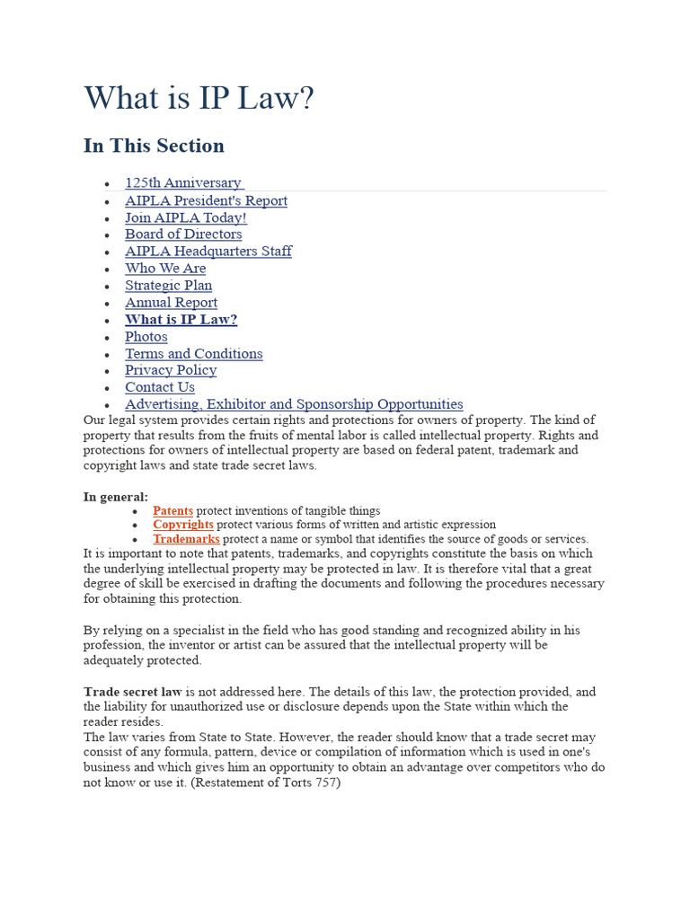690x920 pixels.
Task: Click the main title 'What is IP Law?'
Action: pos(199,98)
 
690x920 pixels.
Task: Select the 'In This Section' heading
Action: pos(154,146)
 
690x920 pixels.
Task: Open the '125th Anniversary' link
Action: pos(183,183)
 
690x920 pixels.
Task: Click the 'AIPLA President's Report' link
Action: pos(206,200)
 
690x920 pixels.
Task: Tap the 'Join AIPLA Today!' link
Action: pos(185,217)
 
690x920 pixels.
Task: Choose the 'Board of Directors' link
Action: pos(183,234)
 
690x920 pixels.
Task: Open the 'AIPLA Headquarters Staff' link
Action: pos(208,252)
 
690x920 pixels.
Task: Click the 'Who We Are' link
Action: pos(165,269)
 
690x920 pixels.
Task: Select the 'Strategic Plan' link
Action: pos(168,286)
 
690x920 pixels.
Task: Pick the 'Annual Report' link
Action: pos(171,303)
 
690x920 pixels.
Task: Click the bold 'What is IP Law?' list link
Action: pos(181,320)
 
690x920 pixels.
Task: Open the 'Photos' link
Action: pos(146,337)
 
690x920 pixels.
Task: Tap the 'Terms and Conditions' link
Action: pos(193,354)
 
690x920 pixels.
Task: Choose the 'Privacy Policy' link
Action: pos(170,370)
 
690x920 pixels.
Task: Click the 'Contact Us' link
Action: pos(159,387)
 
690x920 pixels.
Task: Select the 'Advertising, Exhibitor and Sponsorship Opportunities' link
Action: pos(294,404)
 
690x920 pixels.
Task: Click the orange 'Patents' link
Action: pos(172,510)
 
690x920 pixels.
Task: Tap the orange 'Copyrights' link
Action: pos(182,525)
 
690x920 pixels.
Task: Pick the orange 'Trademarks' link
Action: pos(186,539)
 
